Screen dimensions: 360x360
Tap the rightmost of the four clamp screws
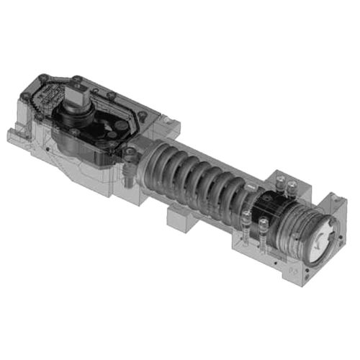point(292,189)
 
